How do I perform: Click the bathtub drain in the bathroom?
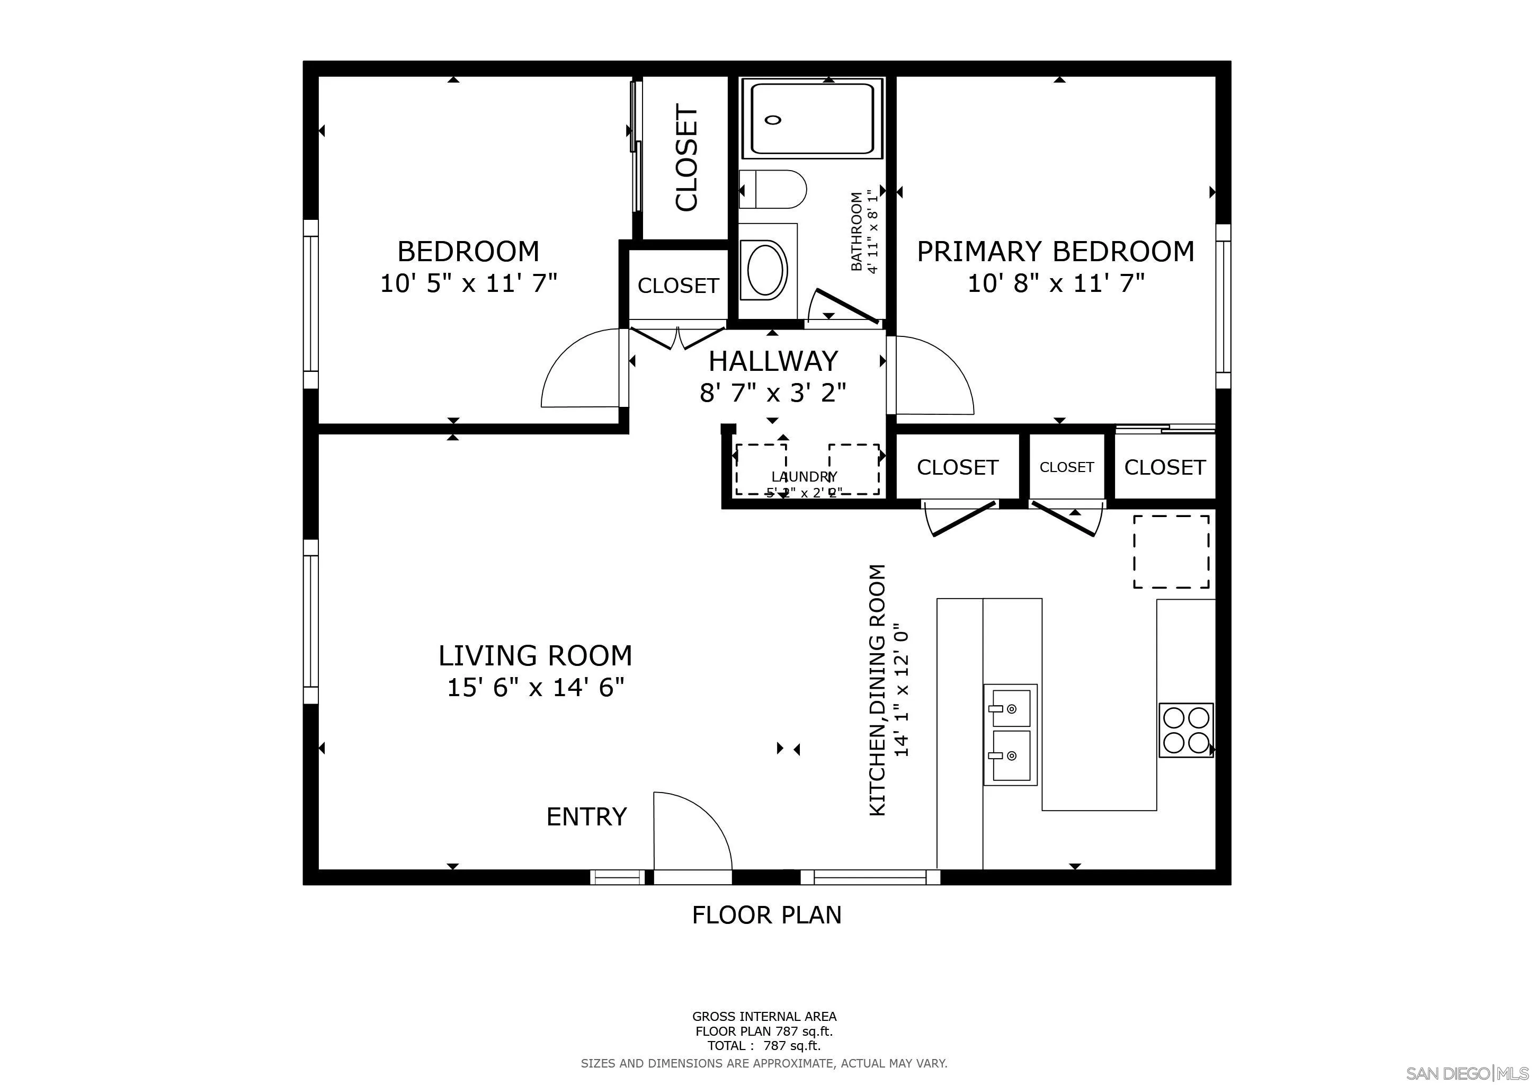774,120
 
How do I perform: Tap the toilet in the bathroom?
775,189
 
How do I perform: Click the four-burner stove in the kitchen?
1186,730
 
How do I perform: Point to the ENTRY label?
586,816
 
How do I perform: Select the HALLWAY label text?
773,361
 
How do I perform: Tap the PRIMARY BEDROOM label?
1055,252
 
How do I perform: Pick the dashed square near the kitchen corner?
1171,552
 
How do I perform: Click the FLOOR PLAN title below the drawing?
766,914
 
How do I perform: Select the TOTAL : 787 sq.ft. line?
764,1046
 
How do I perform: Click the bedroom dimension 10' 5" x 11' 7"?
468,283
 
